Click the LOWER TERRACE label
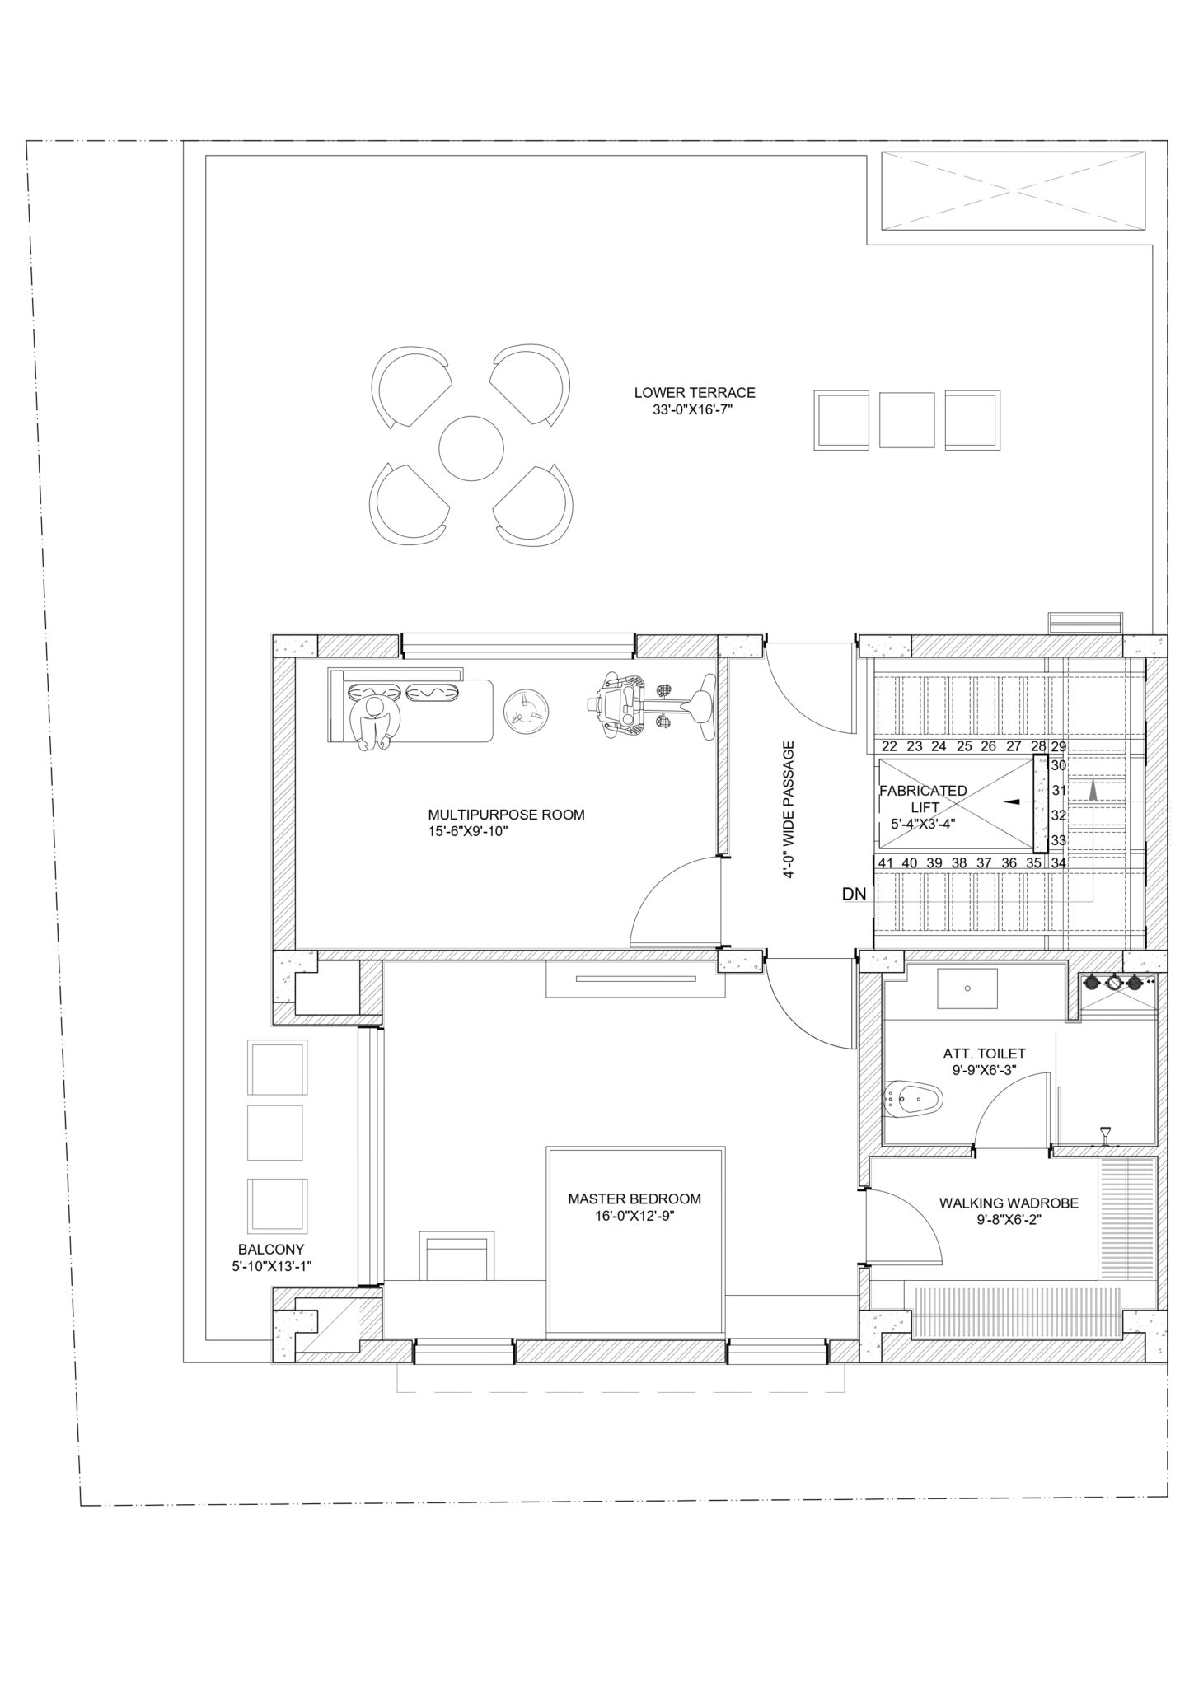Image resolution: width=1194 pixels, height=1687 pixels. tap(695, 393)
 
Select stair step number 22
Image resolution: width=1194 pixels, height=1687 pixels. tap(889, 747)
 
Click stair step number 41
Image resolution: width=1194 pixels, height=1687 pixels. tap(886, 862)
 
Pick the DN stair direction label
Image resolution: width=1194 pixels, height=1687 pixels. tap(853, 893)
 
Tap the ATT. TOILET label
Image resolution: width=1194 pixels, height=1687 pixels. tap(984, 1054)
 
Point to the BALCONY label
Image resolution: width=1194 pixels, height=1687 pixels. tap(271, 1250)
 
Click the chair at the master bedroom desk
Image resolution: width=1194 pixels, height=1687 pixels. tap(457, 1256)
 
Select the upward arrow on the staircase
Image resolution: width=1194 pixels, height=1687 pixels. tap(1093, 791)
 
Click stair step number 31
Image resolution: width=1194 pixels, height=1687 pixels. tap(1060, 791)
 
